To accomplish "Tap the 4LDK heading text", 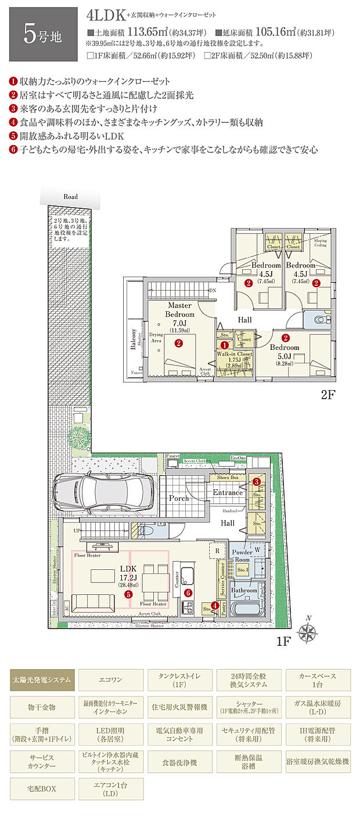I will pyautogui.click(x=109, y=16).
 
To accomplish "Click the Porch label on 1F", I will pyautogui.click(x=178, y=498).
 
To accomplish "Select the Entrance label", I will pyautogui.click(x=228, y=493).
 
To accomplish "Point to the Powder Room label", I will pyautogui.click(x=243, y=555).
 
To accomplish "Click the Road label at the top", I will pyautogui.click(x=70, y=197).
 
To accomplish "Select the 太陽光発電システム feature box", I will pyautogui.click(x=42, y=679).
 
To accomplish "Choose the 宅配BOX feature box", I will pyautogui.click(x=42, y=789).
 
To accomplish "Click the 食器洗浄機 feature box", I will pyautogui.click(x=180, y=761).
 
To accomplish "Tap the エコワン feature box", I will pyautogui.click(x=111, y=679).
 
